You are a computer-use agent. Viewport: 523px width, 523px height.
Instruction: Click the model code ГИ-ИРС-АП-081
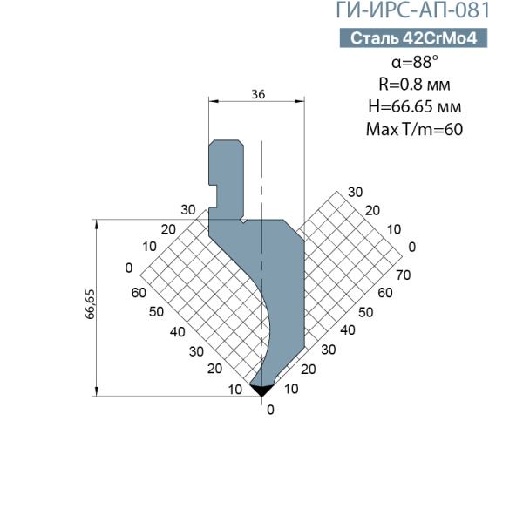coord(412,10)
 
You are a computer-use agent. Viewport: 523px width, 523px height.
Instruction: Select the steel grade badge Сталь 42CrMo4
coord(413,38)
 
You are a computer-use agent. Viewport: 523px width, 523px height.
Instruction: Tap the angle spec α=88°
coord(415,62)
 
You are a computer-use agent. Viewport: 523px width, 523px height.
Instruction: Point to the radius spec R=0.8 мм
coord(414,84)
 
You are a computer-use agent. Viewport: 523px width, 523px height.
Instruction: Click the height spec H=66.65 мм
coord(415,106)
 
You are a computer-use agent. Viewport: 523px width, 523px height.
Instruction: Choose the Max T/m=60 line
coord(414,129)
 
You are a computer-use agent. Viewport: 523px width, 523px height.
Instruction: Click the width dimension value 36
coord(258,94)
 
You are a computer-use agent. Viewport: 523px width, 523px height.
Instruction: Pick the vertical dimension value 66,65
coord(90,304)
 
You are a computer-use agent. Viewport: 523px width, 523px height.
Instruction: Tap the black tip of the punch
coord(261,390)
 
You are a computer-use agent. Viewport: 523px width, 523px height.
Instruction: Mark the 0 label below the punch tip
coord(270,410)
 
